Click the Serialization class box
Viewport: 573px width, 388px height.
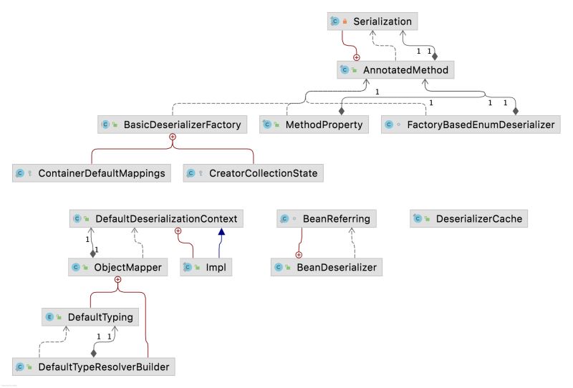pos(373,22)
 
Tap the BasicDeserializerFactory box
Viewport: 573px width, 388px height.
pos(173,125)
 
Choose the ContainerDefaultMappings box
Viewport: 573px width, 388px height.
pos(92,173)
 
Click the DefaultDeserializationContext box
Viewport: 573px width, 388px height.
pos(157,218)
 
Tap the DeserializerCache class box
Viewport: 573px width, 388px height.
pos(469,218)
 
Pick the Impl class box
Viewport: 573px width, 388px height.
pos(208,268)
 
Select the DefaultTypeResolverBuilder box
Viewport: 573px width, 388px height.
pos(94,367)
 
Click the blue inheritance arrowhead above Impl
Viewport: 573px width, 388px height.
pos(222,233)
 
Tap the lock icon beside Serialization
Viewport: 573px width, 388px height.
pos(345,22)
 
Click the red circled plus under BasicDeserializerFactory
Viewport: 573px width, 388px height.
pos(172,136)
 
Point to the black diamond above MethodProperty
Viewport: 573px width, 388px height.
pos(342,111)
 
